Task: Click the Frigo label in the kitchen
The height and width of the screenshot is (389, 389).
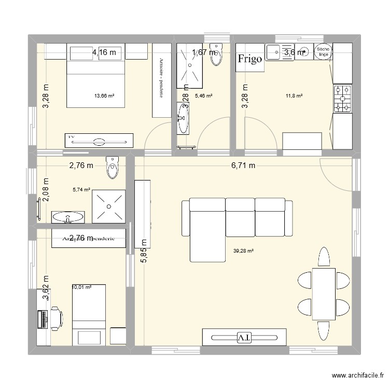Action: (250, 59)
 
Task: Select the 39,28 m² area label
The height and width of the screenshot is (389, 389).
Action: (243, 251)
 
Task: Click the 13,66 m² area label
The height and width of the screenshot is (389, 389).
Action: (104, 95)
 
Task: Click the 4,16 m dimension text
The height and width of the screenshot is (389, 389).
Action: (104, 52)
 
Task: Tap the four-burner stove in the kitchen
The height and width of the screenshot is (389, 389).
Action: (342, 98)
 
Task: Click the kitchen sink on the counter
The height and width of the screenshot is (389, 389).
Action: (280, 52)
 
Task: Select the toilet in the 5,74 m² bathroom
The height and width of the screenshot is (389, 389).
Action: (112, 167)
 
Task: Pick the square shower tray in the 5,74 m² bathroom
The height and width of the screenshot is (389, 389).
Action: (109, 206)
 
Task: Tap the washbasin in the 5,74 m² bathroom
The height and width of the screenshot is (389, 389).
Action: (67, 216)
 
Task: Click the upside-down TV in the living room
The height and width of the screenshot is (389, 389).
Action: (244, 337)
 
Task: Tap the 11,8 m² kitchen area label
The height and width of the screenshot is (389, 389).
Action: (294, 95)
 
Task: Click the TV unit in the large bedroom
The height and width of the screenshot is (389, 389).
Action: (98, 140)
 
